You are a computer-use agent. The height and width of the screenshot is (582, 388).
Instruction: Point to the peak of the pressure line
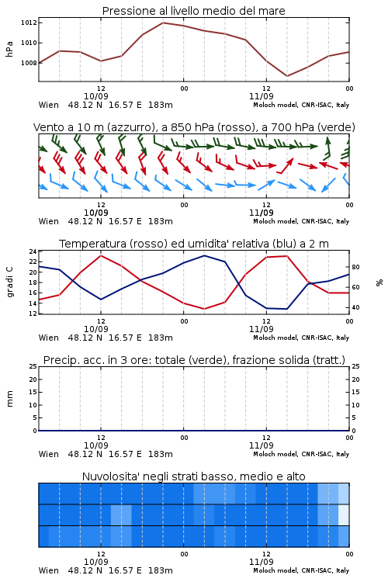(x=163, y=23)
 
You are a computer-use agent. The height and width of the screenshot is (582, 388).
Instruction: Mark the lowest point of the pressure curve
(x=287, y=76)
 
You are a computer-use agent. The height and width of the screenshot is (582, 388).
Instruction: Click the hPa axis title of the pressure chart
(x=9, y=49)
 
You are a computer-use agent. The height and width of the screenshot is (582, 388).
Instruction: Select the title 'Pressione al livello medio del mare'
(x=194, y=11)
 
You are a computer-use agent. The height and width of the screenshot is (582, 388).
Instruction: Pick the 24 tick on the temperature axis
(x=33, y=251)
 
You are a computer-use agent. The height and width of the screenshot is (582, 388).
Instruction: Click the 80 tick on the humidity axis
(x=355, y=267)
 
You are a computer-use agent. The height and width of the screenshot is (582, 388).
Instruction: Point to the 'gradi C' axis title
(x=10, y=282)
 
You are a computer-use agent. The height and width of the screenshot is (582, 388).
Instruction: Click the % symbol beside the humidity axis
(x=379, y=282)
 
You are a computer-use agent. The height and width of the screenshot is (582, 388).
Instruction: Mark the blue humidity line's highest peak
(x=204, y=255)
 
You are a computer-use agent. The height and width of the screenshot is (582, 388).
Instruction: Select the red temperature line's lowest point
(x=204, y=309)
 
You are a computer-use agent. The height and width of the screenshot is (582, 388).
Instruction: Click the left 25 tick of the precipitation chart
(x=33, y=366)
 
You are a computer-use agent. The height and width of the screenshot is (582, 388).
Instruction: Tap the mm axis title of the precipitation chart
(x=9, y=399)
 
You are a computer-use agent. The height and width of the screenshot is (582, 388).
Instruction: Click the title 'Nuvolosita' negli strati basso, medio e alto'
(x=194, y=476)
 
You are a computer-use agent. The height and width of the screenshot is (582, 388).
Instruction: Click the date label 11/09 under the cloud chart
(x=262, y=562)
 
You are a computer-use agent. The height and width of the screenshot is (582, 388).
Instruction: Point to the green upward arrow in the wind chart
(x=327, y=148)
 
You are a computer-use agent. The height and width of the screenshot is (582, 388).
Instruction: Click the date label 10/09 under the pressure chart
(x=96, y=96)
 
